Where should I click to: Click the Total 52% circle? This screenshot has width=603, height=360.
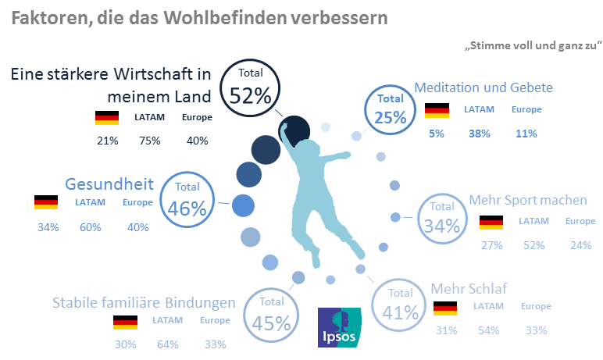(250, 87)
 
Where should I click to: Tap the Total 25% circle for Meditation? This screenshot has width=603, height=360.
(391, 109)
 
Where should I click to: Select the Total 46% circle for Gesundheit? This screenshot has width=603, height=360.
(187, 199)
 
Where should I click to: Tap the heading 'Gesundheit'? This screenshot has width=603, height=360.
(109, 184)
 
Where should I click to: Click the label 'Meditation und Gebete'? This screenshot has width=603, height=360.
(483, 87)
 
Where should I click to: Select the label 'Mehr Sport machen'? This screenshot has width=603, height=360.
(527, 200)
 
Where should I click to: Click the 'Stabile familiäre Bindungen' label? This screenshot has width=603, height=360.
(144, 302)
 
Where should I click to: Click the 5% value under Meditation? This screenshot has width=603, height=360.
(436, 134)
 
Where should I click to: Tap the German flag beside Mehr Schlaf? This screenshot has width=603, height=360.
(445, 308)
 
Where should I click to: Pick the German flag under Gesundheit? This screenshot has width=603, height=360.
(46, 202)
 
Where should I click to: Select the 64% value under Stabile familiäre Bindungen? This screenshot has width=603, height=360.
(167, 344)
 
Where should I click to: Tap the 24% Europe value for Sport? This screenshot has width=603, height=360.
(580, 244)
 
